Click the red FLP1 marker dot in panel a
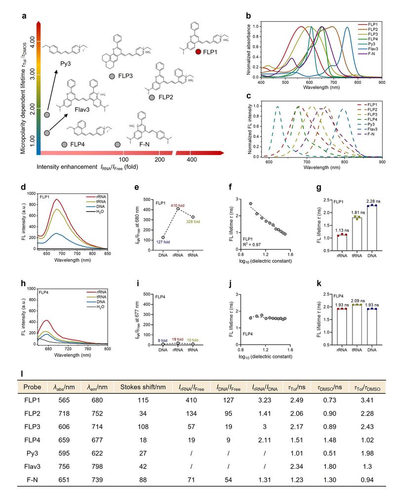tap(198, 51)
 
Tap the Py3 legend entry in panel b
tap(371, 44)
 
